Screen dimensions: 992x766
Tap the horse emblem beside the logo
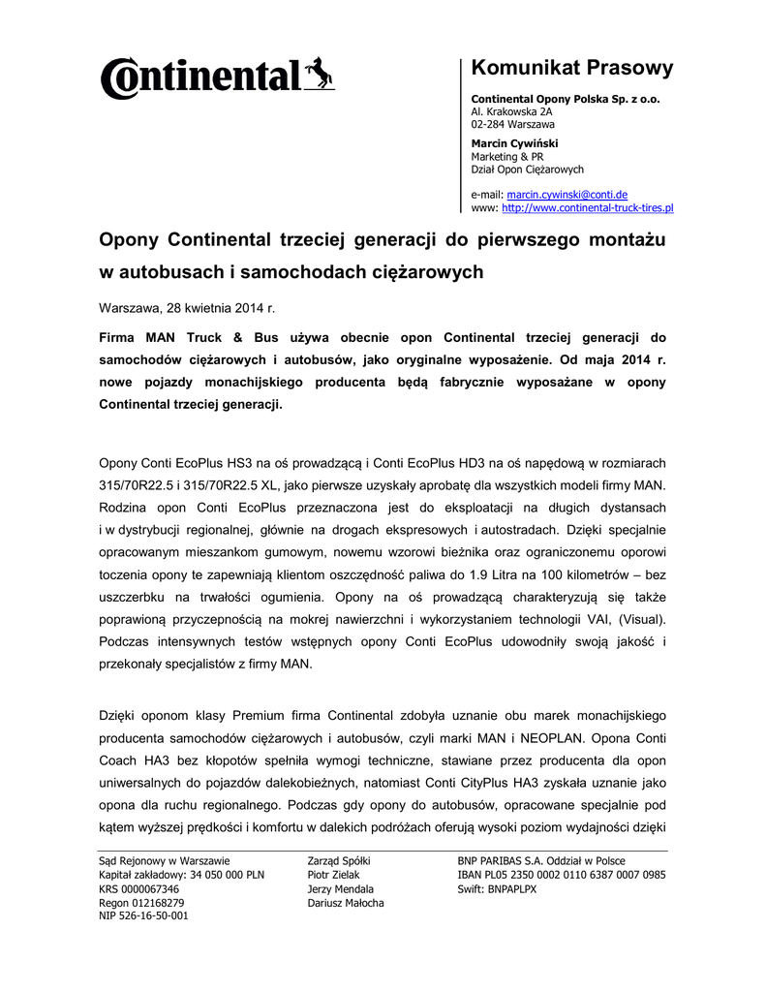coord(320,73)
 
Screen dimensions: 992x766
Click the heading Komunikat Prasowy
coord(571,68)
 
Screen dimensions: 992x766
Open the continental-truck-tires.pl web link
coord(588,207)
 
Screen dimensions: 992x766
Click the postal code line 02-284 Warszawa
coord(513,124)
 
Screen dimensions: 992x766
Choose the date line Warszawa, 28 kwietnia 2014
coord(188,308)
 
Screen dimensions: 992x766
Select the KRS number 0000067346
coord(138,888)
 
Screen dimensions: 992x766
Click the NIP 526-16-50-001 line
coord(143,915)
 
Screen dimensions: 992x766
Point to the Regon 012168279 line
coord(141,902)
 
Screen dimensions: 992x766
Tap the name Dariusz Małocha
coord(346,902)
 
